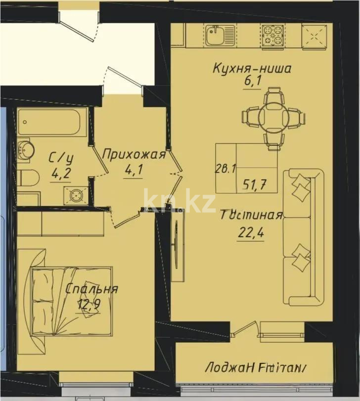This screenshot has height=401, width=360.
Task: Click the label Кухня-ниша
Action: click(x=252, y=68)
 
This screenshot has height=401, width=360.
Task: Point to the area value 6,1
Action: click(x=252, y=82)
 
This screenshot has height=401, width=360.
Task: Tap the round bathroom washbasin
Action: click(x=23, y=148)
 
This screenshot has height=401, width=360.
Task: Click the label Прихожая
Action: click(x=133, y=155)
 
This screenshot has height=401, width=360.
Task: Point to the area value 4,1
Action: click(x=133, y=171)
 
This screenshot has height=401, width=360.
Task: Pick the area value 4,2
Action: click(x=61, y=174)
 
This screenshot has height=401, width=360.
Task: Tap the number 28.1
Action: click(x=224, y=169)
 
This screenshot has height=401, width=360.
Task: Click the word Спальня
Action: click(x=92, y=290)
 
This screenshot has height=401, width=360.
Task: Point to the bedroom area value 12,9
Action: click(x=89, y=305)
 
